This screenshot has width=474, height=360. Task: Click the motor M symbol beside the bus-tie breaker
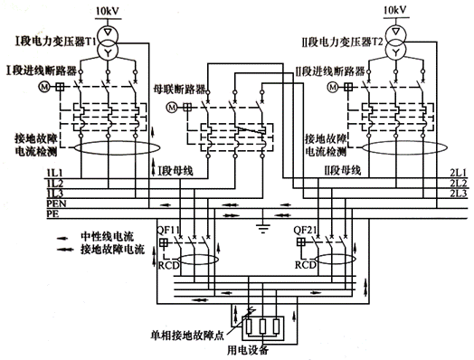point(174,108)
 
